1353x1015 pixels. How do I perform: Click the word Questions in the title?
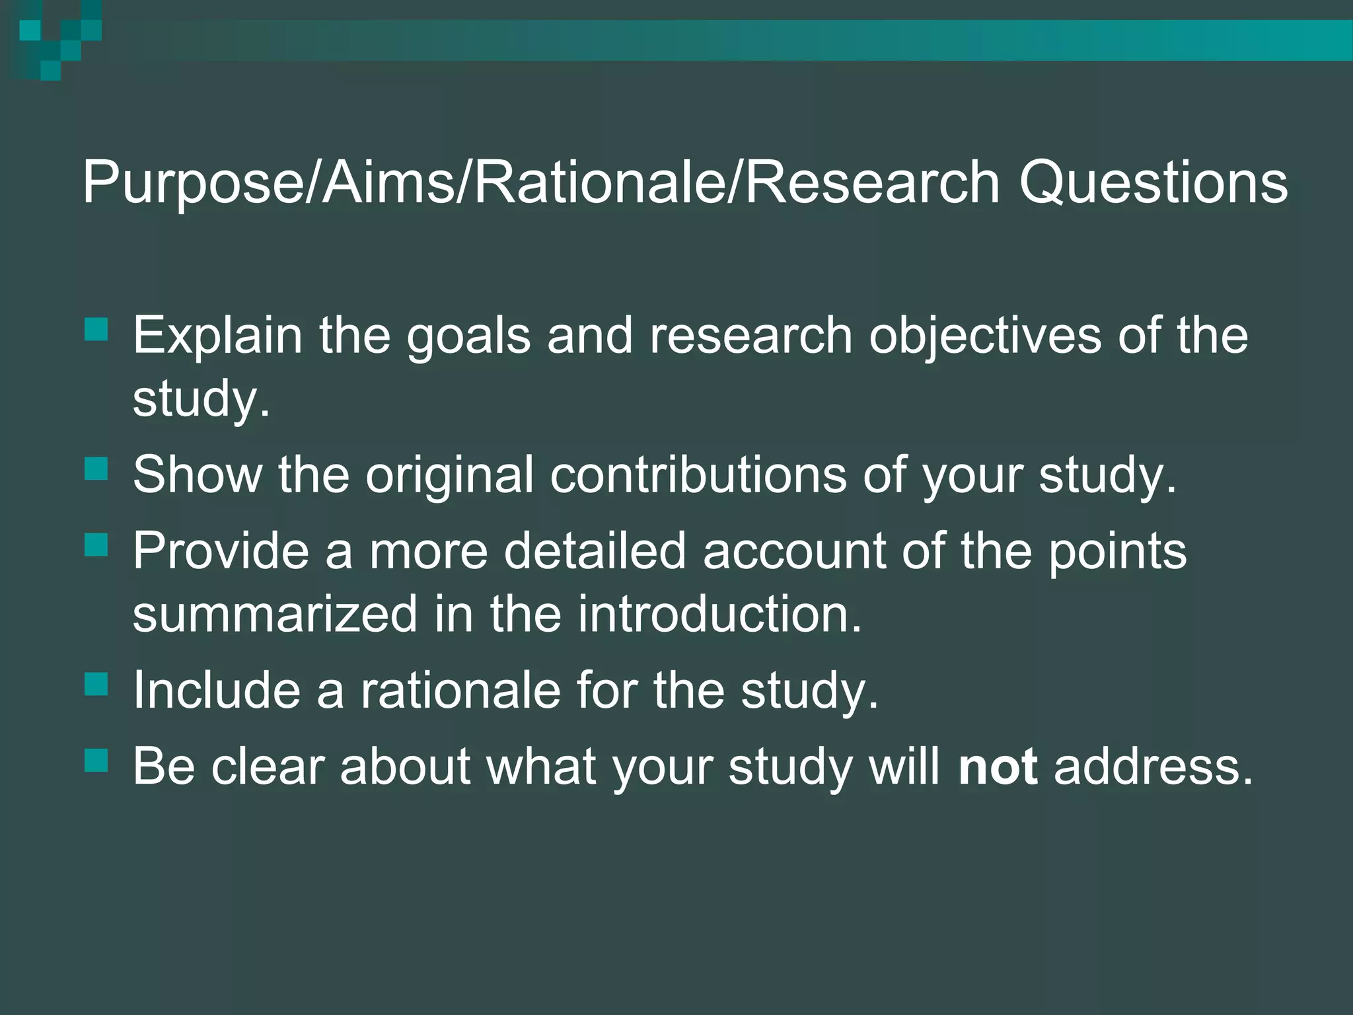click(x=1153, y=183)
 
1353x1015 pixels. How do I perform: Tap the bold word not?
click(x=998, y=767)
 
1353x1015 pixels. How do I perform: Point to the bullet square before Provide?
click(x=96, y=545)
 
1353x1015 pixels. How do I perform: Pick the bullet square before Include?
click(x=96, y=685)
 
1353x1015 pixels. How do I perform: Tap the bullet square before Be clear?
click(x=96, y=761)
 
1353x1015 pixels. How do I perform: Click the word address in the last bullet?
click(x=1153, y=767)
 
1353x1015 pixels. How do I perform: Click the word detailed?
click(x=595, y=551)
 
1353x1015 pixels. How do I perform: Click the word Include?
click(x=217, y=691)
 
